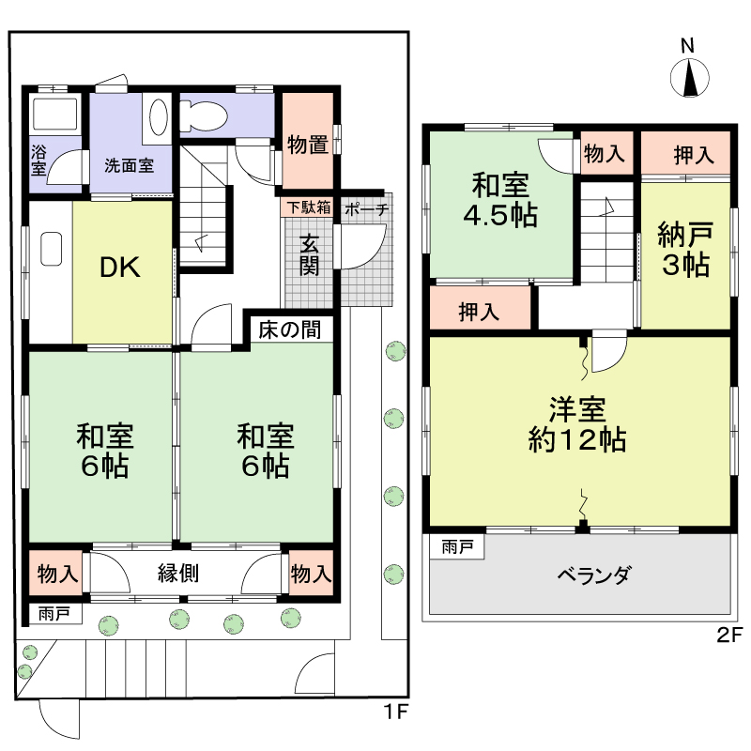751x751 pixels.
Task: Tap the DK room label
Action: point(120,268)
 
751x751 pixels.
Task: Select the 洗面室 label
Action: point(130,166)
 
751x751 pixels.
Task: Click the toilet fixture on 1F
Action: point(203,117)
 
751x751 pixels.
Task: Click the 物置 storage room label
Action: point(308,145)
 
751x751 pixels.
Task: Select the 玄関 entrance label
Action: point(309,253)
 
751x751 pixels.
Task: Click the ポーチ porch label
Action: point(366,208)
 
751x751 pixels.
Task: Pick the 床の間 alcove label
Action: point(290,330)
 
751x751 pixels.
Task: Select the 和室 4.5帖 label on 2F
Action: point(499,200)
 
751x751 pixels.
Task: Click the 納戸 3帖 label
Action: point(683,250)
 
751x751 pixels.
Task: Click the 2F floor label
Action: point(729,636)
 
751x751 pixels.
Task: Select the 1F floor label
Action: point(397,712)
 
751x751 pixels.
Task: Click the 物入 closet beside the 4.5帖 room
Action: point(604,154)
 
